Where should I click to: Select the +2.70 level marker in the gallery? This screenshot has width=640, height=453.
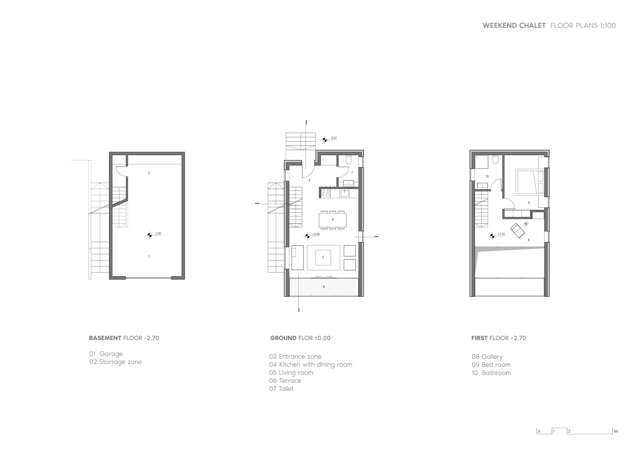coord(492,236)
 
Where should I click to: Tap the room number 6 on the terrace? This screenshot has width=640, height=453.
coord(324,286)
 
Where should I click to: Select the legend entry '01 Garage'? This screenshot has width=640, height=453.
coord(106,354)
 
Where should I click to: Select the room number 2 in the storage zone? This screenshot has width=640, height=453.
coord(149,173)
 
